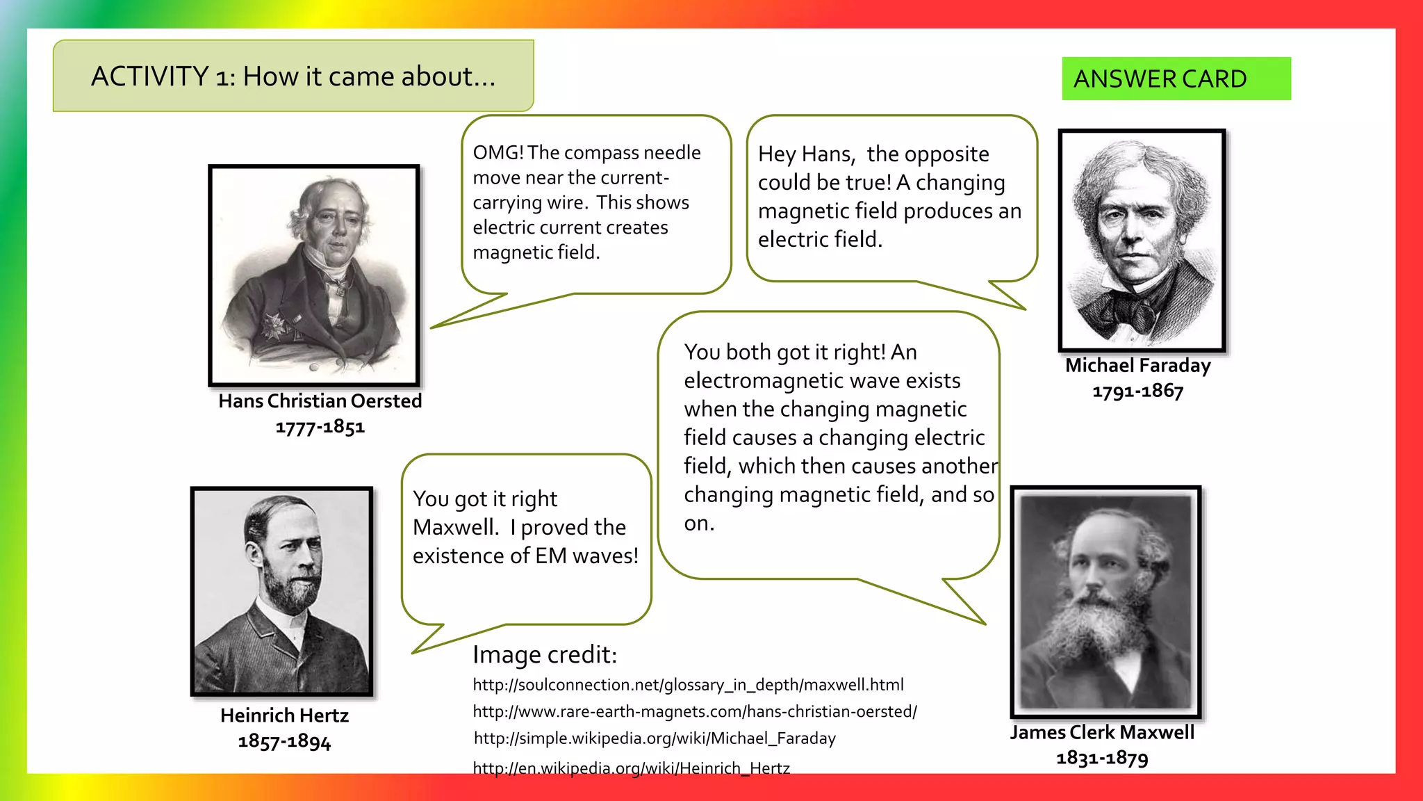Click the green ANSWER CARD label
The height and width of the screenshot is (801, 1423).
pos(1175,79)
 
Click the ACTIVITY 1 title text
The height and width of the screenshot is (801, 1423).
pos(293,76)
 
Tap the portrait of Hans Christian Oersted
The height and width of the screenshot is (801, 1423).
pos(314,275)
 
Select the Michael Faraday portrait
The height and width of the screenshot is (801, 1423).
pos(1142,240)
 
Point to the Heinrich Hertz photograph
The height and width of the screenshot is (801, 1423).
pos(281,591)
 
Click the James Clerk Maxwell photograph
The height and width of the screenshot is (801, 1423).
pos(1105,601)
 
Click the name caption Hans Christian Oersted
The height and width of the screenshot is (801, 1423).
pos(320,401)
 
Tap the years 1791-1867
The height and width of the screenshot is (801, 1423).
pos(1137,391)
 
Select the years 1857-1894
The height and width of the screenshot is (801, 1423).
pos(284,741)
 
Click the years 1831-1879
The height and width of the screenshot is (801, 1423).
pos(1102,758)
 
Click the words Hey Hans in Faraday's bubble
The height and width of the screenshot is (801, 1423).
pos(806,154)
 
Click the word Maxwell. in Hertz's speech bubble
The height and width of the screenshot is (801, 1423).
pos(456,528)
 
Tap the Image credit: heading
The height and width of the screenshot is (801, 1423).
pos(545,655)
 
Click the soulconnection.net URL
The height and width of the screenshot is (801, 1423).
pos(688,685)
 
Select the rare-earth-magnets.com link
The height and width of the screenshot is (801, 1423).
pos(695,712)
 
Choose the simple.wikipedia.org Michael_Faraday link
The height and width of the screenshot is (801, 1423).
pos(655,738)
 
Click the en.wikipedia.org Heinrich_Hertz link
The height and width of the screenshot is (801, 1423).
pos(631,768)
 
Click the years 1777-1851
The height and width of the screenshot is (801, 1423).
pos(320,427)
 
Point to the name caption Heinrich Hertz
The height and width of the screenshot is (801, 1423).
pos(284,715)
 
